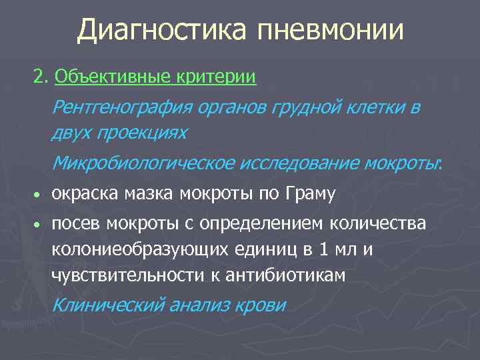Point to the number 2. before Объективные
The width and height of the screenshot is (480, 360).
[x=41, y=77]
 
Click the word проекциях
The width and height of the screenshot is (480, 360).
[x=142, y=132]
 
